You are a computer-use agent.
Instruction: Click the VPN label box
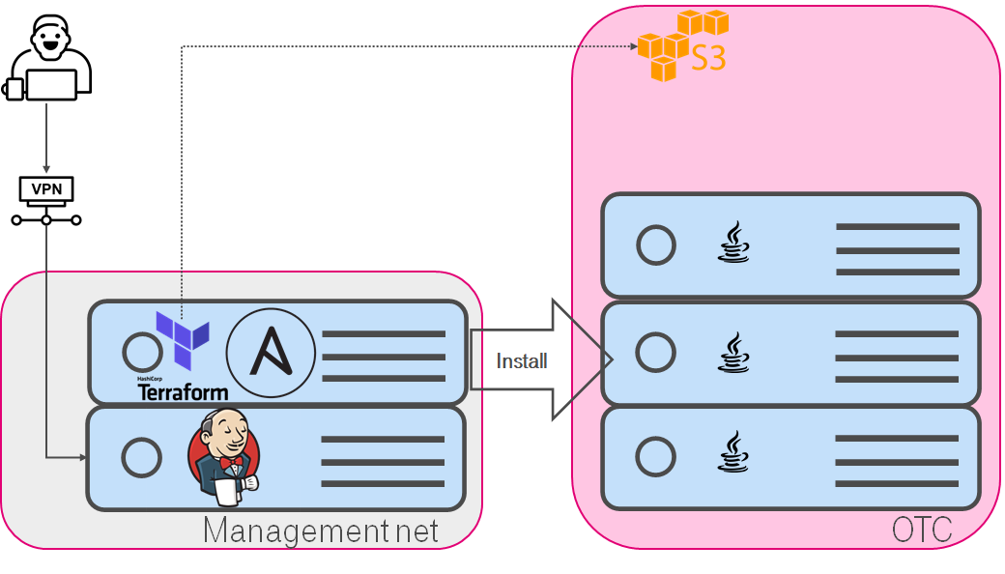point(46,188)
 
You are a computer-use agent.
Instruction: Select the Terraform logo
point(183,338)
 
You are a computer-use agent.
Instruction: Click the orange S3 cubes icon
point(682,44)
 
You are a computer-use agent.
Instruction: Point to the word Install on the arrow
point(522,361)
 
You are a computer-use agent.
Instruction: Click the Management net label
point(321,531)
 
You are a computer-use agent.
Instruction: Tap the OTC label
point(921,530)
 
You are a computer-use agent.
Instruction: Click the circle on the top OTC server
point(656,245)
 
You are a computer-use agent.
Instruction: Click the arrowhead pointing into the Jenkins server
point(81,457)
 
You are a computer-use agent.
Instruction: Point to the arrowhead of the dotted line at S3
point(631,45)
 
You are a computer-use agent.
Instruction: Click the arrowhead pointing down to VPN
point(46,170)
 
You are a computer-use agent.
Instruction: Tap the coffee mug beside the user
point(13,89)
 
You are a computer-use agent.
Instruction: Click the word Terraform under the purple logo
point(183,392)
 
